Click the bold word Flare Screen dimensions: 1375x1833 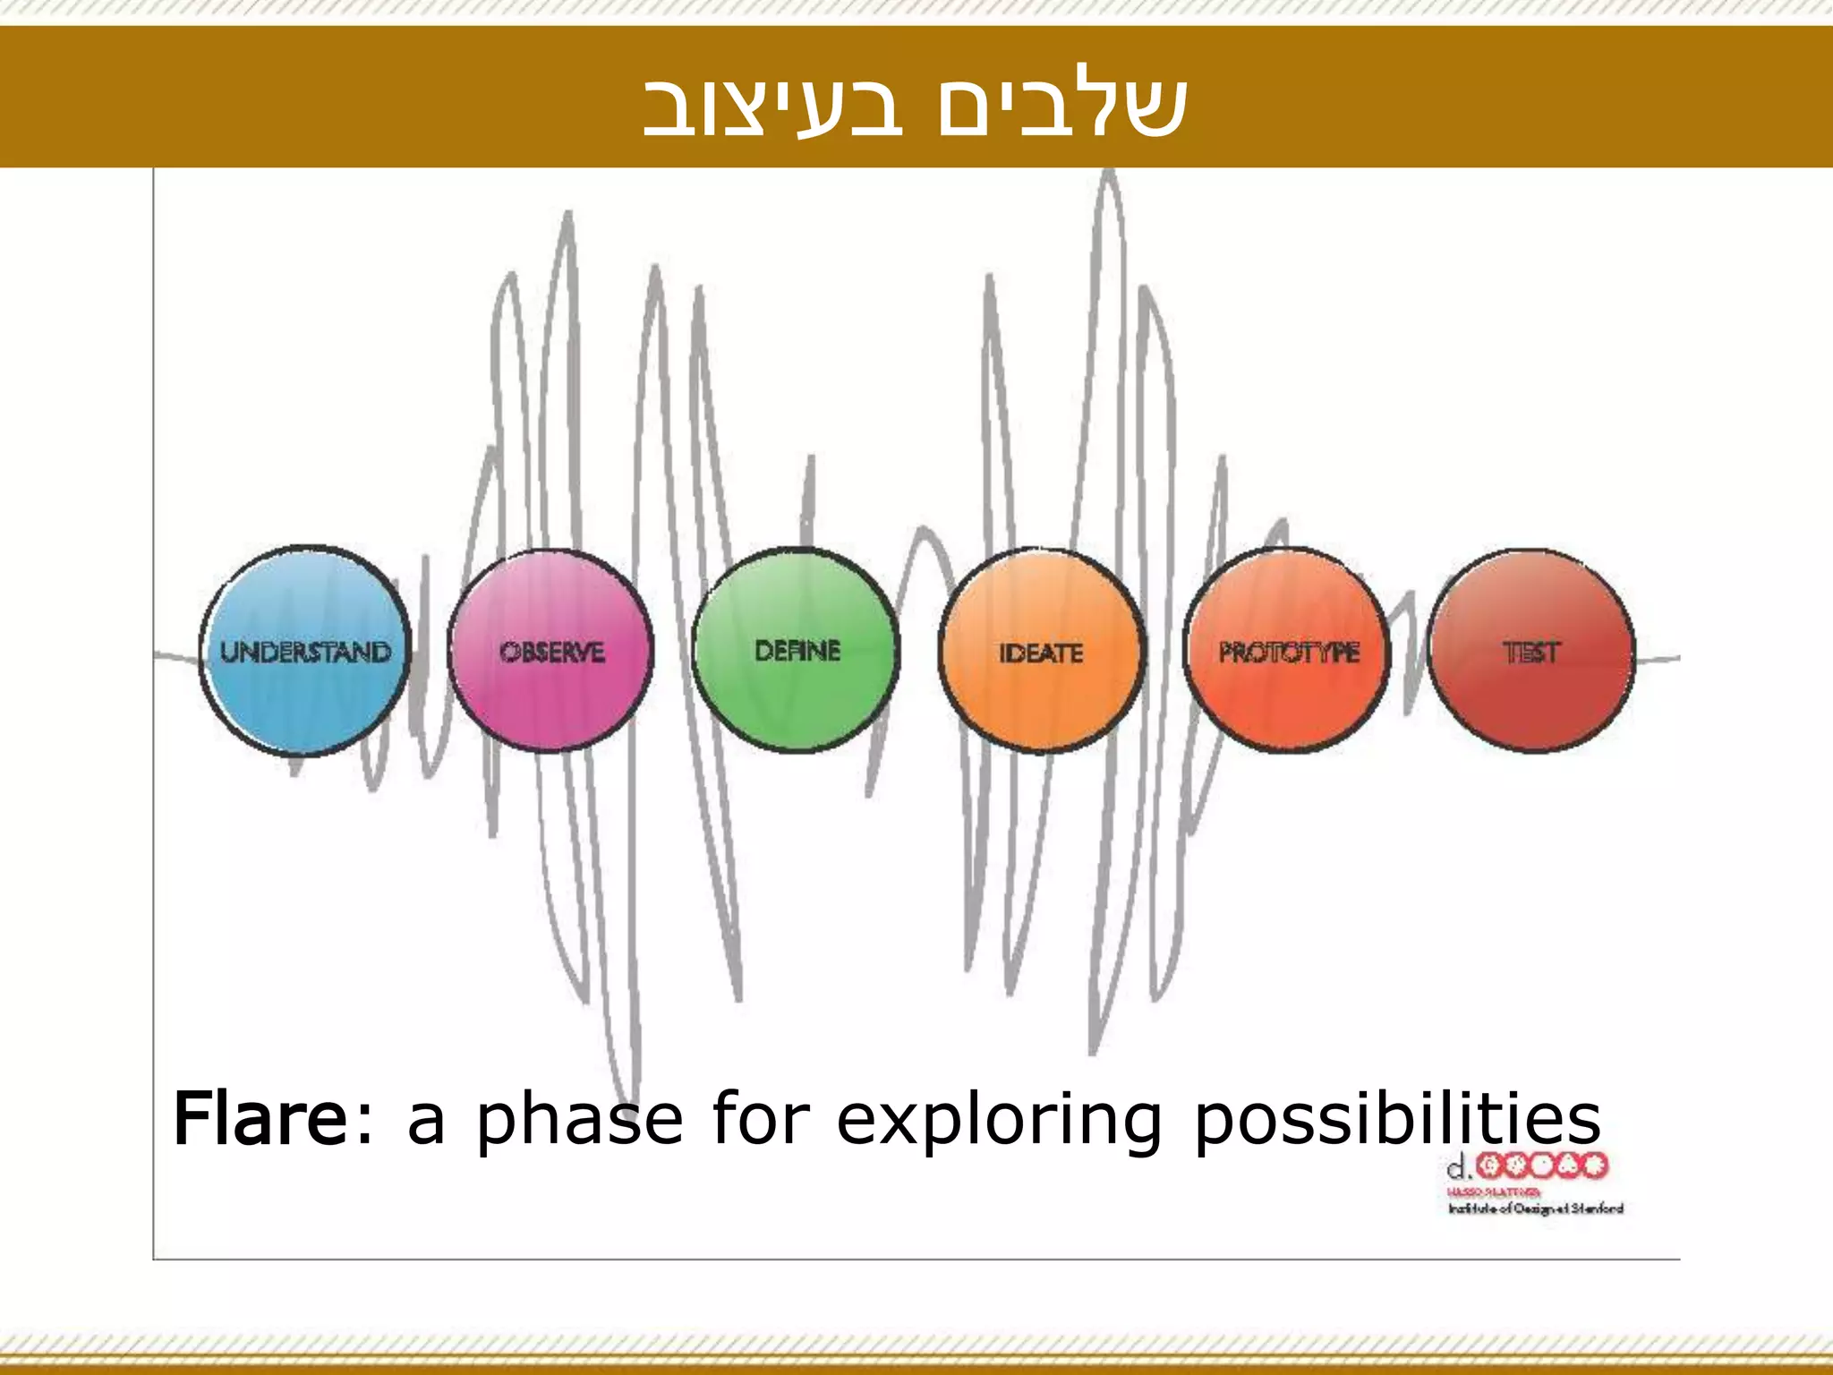(x=260, y=1119)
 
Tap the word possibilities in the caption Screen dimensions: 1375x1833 (x=1397, y=1119)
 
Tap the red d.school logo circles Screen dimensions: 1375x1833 (x=1541, y=1166)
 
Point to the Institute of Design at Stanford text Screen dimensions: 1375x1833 (x=1535, y=1209)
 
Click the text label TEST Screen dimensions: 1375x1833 (x=1531, y=653)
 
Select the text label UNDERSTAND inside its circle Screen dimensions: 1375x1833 (x=305, y=652)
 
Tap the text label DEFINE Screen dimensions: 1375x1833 (x=797, y=651)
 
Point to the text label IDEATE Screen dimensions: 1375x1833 (x=1041, y=653)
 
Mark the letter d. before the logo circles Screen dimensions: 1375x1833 (x=1459, y=1166)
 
